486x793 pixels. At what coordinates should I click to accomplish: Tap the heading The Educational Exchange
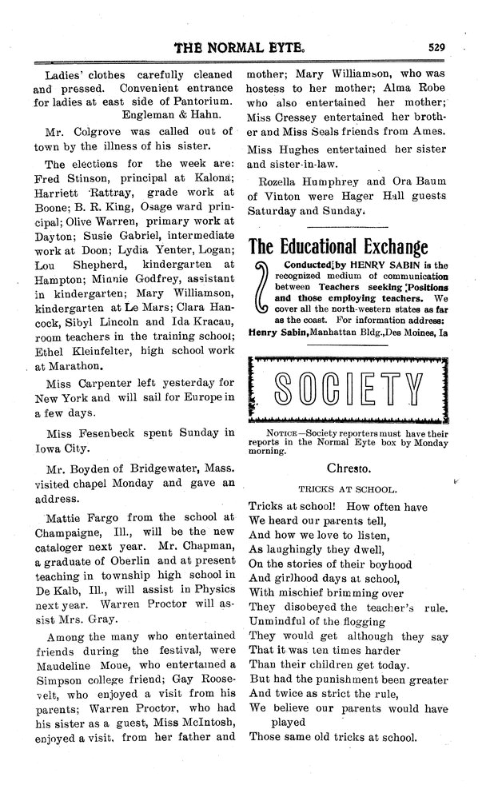pyautogui.click(x=339, y=246)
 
